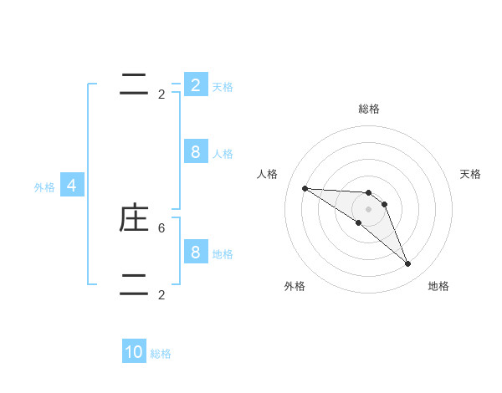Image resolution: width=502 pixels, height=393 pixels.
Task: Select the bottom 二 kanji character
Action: (134, 284)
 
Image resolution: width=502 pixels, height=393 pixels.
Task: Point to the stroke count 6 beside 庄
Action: (161, 227)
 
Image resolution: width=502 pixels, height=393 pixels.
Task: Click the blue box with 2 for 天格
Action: (195, 84)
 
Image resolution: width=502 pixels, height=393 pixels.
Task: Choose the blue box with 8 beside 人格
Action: (195, 151)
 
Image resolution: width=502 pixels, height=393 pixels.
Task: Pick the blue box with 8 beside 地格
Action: (195, 252)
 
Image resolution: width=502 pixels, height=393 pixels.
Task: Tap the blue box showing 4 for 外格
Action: (72, 186)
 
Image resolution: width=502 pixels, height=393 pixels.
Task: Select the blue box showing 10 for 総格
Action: (134, 352)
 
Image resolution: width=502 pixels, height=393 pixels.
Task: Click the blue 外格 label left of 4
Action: (44, 187)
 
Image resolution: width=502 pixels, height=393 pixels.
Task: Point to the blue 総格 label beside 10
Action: (161, 354)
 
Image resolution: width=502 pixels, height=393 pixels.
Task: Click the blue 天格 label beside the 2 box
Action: (223, 86)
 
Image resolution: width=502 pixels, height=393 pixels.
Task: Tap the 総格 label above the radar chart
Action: (369, 109)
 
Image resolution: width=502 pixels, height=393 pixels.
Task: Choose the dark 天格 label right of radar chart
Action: (470, 174)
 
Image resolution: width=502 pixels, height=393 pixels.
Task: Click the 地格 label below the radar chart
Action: (438, 286)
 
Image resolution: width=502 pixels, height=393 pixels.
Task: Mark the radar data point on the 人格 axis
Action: (305, 188)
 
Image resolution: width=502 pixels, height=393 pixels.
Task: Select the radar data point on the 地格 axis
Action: (407, 264)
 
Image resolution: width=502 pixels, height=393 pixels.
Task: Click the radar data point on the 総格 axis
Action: (369, 193)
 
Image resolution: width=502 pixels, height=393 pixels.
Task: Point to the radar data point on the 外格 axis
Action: (358, 222)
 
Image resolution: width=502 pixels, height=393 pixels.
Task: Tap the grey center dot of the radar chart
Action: (369, 209)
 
